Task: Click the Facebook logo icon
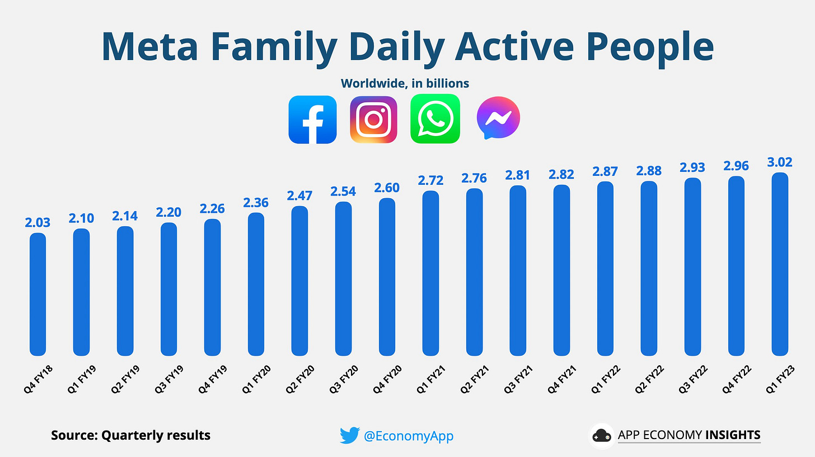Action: pos(312,119)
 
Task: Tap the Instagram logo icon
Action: pos(373,119)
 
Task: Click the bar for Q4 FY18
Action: pos(38,294)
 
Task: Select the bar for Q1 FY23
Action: pos(780,264)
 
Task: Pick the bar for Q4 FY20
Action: pos(387,277)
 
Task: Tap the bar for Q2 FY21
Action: pos(474,272)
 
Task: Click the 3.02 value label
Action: pos(780,163)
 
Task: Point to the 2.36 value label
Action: pos(256,203)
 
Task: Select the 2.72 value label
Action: pos(430,181)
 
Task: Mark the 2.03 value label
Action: pos(38,223)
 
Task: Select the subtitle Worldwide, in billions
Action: pos(405,83)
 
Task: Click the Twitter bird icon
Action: pos(349,435)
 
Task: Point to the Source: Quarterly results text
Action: pos(130,435)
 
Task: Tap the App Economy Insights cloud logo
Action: pos(602,435)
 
